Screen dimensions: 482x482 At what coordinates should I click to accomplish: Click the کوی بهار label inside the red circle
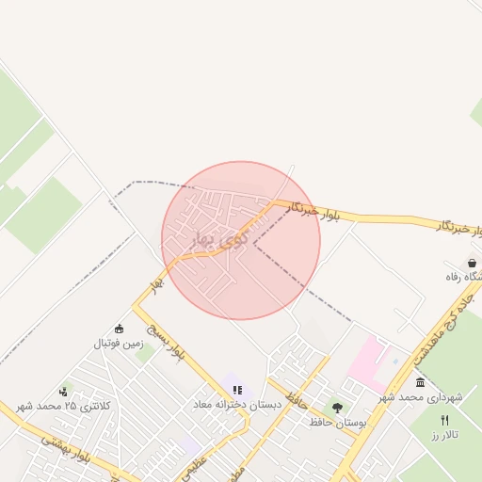pos(218,239)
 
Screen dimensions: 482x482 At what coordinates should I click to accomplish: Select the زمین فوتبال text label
pos(118,344)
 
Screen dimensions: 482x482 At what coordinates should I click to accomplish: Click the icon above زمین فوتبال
pos(119,329)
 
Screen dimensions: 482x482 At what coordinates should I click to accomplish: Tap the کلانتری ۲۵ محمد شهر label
pos(64,406)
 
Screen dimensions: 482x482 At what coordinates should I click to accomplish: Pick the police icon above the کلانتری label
pos(63,391)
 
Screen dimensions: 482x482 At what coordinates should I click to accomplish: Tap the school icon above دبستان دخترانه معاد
pos(236,389)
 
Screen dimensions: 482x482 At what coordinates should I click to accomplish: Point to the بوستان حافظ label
pos(337,423)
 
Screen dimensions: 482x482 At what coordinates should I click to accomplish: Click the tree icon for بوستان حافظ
pos(337,408)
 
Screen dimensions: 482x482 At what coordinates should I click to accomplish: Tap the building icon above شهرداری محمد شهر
pos(419,382)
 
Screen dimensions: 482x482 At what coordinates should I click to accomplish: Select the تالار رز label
pos(443,436)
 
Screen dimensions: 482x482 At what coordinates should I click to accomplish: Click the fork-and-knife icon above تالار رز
pos(444,420)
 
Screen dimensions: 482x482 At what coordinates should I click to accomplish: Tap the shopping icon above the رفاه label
pos(472,264)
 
